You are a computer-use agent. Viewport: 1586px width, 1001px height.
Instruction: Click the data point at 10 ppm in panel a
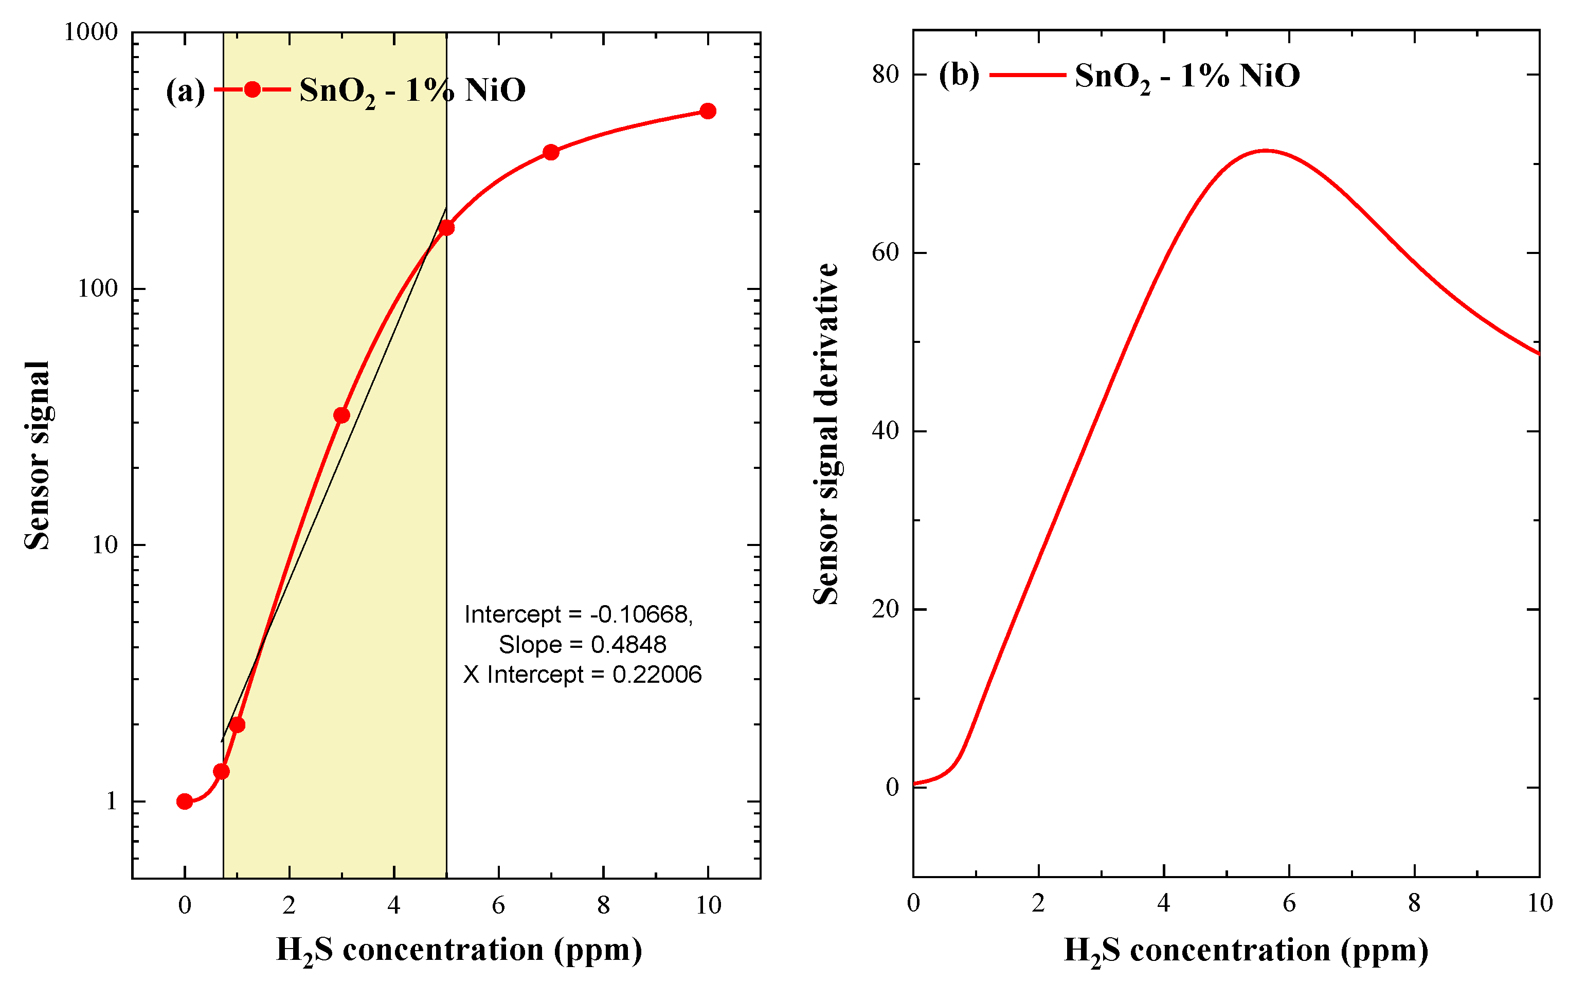(708, 111)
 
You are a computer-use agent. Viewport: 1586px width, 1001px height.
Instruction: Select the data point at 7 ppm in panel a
(551, 152)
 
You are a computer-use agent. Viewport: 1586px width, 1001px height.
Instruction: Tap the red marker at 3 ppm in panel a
(341, 415)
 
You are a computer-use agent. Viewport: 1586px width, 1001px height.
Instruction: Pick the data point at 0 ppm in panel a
(185, 802)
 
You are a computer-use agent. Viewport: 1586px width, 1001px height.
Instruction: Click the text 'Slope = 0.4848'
(582, 644)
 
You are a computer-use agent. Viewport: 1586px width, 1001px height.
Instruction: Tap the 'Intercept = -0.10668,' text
(578, 614)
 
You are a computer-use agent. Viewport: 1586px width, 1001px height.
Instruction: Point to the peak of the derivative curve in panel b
(1265, 150)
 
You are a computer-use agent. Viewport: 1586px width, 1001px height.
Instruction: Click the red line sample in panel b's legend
(1028, 75)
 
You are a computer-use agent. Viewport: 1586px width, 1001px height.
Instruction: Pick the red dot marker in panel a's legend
(253, 89)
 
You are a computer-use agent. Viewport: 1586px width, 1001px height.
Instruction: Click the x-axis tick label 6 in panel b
(1289, 903)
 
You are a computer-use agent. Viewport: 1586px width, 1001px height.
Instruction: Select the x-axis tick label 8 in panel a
(603, 905)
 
